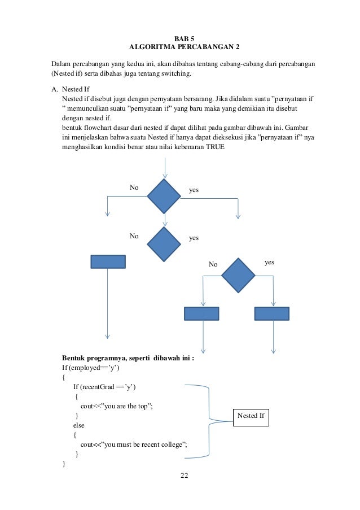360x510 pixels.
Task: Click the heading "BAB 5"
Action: [x=180, y=38]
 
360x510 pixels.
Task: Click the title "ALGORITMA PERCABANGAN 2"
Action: [x=180, y=47]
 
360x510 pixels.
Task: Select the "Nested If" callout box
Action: [x=251, y=416]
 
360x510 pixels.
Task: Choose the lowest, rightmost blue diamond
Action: [x=238, y=275]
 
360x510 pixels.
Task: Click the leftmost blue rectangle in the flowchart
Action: [x=108, y=261]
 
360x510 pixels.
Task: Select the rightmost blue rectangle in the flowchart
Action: [x=272, y=313]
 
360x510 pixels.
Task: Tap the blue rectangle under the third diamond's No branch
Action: [x=201, y=313]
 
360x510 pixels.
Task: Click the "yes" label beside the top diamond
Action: [x=194, y=191]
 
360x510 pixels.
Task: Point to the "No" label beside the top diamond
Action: [x=134, y=188]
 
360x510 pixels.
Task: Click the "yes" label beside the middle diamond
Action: [x=194, y=238]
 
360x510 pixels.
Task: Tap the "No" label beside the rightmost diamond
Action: [x=213, y=264]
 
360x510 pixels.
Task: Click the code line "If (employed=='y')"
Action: [x=91, y=367]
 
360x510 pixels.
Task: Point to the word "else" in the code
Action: [x=79, y=425]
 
